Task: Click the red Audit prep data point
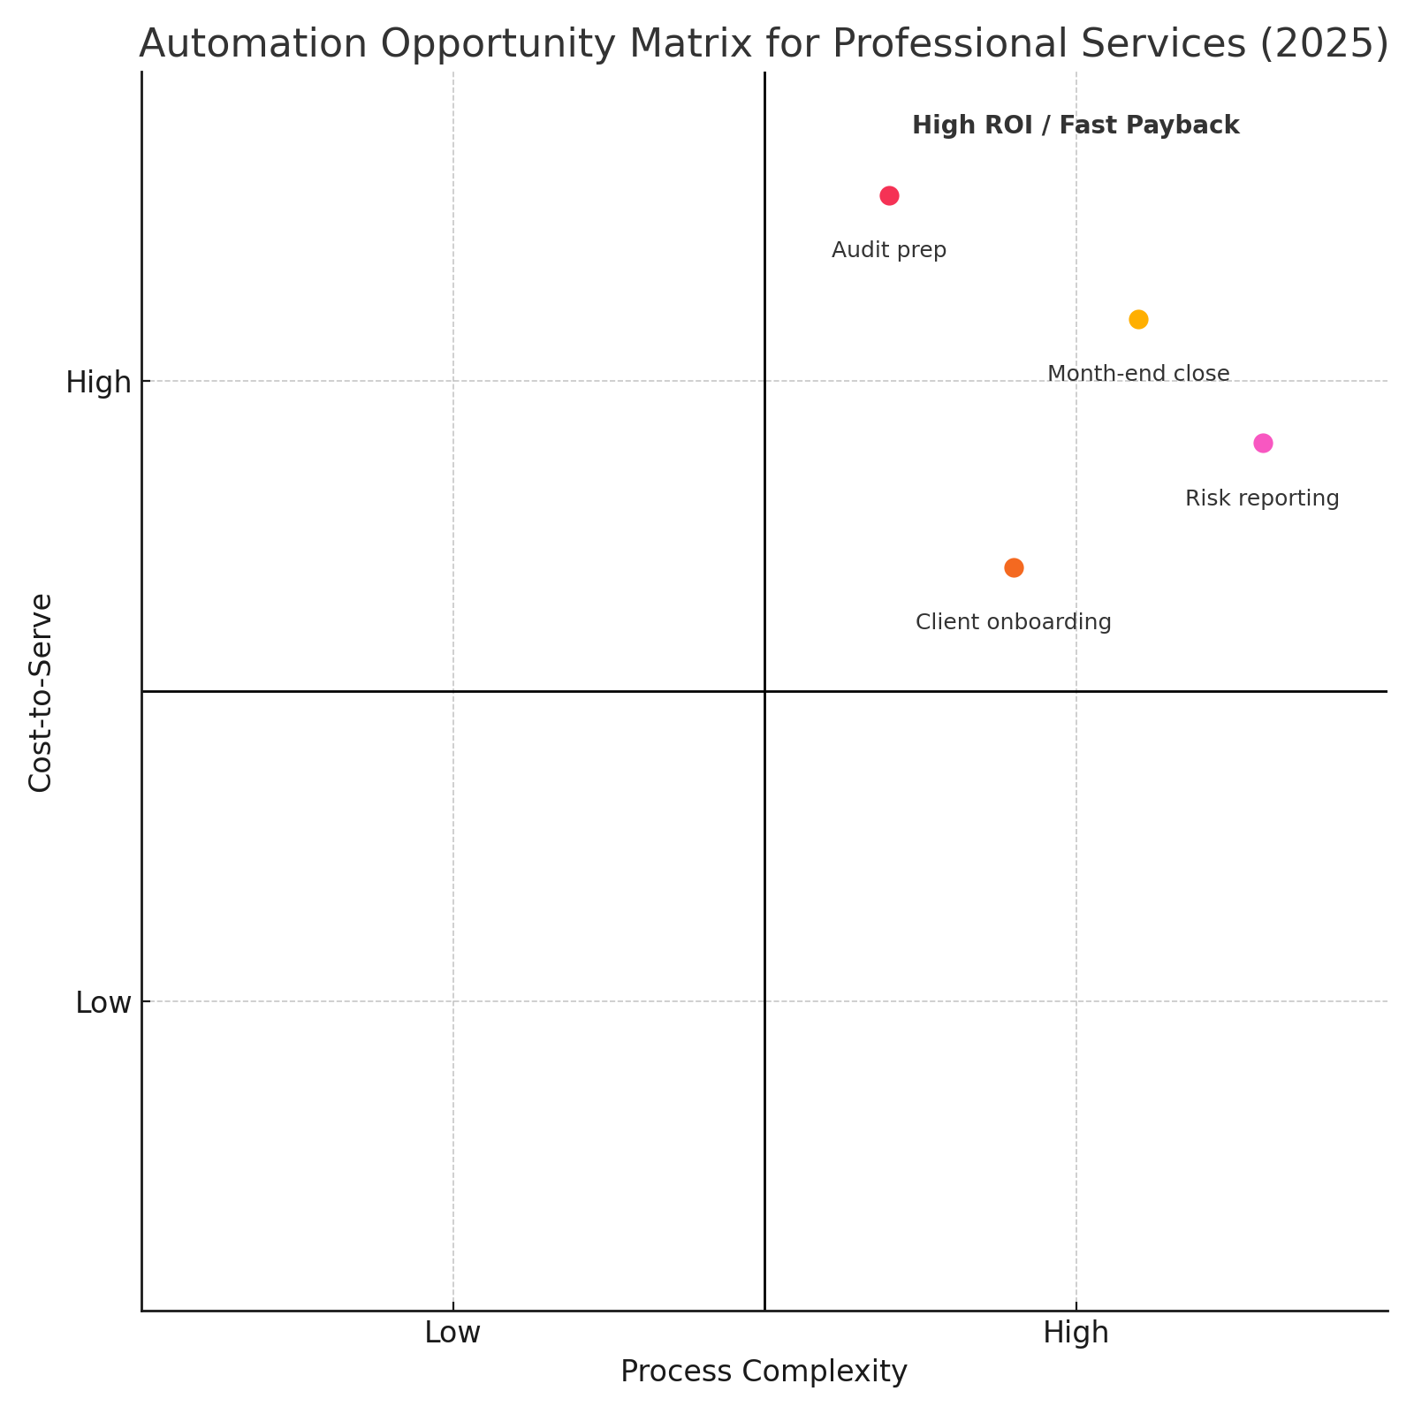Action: (x=889, y=195)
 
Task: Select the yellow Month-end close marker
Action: (x=1138, y=319)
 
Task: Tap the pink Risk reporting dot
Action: (x=1263, y=443)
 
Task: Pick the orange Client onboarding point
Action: (x=1014, y=567)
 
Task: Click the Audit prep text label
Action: (x=889, y=250)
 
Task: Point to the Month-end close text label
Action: (x=1138, y=374)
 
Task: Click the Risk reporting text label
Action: (x=1262, y=498)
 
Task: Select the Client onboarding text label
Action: (x=1014, y=622)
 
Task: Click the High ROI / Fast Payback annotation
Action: (x=1076, y=125)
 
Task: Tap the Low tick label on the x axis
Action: (x=452, y=1333)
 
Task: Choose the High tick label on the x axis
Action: (x=1076, y=1333)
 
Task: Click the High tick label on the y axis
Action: (x=98, y=383)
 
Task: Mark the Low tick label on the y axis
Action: (x=103, y=1003)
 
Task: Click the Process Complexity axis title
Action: (x=764, y=1372)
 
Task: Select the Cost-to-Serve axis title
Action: (x=41, y=693)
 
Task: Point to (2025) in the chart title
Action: (x=1324, y=44)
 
